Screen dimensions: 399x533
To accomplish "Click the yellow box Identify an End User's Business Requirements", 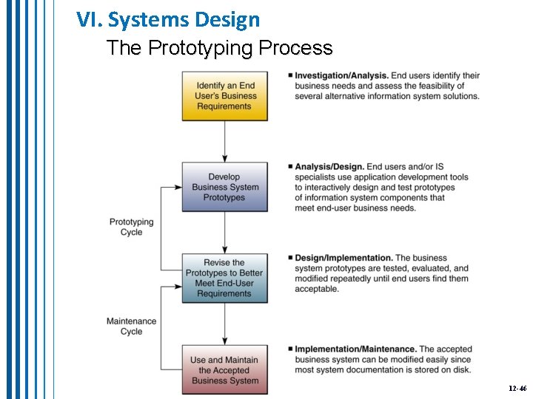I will click(225, 96).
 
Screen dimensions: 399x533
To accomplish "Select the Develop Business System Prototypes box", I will click(225, 187).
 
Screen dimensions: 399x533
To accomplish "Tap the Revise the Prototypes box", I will click(225, 278).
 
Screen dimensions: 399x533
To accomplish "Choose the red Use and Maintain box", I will click(225, 370).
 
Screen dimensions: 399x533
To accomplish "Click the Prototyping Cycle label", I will click(131, 227).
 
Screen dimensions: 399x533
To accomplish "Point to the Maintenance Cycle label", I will click(131, 326).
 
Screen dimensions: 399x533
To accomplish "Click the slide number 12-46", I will click(517, 388).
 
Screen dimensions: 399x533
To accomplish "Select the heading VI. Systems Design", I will click(168, 19).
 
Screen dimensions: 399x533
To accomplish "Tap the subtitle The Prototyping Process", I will click(219, 48).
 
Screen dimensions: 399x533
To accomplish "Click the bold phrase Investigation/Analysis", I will click(341, 75).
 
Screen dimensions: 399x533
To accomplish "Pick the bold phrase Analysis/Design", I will click(329, 167).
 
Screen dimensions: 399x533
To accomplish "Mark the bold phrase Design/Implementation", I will click(343, 258).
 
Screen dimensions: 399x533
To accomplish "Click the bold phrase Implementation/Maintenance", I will click(355, 349).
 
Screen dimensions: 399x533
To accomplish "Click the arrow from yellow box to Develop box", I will click(225, 141).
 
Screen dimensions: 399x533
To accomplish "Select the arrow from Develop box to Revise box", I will click(225, 233).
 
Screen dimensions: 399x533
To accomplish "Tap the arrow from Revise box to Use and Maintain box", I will click(225, 323).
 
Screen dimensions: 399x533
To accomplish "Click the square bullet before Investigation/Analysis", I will click(290, 75).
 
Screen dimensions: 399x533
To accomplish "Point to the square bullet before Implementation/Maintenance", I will click(290, 349).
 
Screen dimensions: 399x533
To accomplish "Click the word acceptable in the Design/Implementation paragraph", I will click(317, 289).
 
